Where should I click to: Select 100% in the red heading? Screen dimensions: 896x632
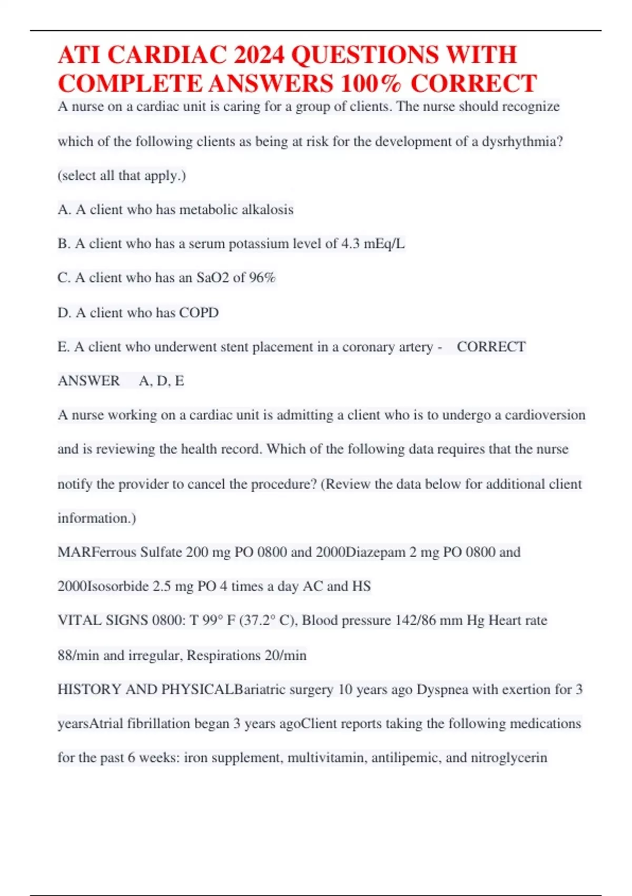tap(371, 84)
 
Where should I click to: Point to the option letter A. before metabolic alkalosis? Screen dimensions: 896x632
tap(64, 210)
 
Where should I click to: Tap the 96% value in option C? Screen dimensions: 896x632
tap(262, 278)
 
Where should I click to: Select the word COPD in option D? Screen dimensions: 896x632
tap(199, 313)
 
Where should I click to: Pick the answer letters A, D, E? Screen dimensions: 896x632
tap(161, 381)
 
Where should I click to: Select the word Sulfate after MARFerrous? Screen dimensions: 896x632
tap(161, 552)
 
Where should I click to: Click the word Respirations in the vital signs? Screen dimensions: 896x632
tap(223, 656)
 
